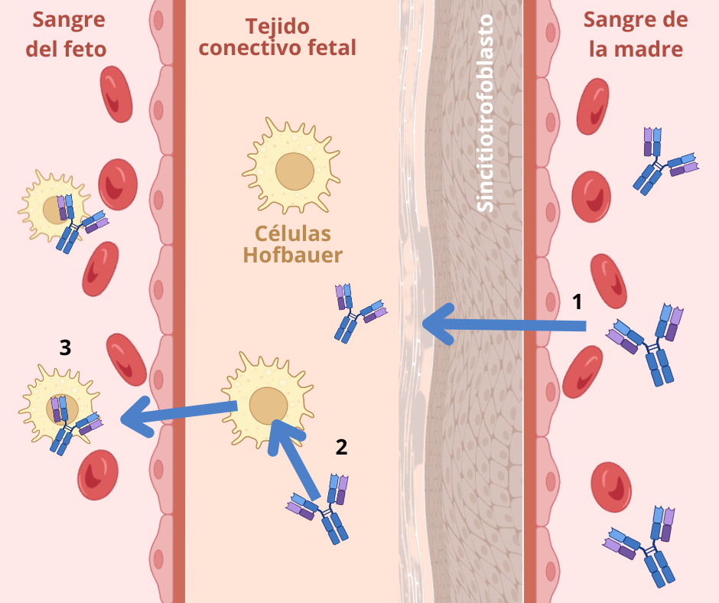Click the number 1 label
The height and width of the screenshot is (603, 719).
click(x=578, y=301)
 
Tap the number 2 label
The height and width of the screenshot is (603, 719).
click(x=342, y=447)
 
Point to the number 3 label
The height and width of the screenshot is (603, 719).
click(x=66, y=347)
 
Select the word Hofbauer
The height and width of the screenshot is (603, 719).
click(x=293, y=255)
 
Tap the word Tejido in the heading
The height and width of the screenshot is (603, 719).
click(x=277, y=27)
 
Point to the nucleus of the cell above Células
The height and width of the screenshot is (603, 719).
click(x=294, y=171)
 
